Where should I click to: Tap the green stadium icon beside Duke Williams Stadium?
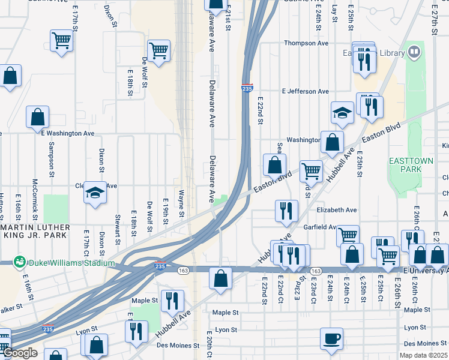pyautogui.click(x=20, y=262)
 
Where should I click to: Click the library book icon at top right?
pyautogui.click(x=414, y=53)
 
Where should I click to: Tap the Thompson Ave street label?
pyautogui.click(x=306, y=43)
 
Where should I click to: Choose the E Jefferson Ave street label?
pyautogui.click(x=306, y=91)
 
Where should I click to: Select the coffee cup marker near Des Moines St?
pyautogui.click(x=331, y=338)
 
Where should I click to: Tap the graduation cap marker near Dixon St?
pyautogui.click(x=94, y=193)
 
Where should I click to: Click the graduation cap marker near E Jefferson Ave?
pyautogui.click(x=342, y=113)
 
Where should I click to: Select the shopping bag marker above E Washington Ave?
pyautogui.click(x=37, y=117)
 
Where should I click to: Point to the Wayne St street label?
pyautogui.click(x=181, y=200)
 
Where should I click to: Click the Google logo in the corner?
pyautogui.click(x=20, y=353)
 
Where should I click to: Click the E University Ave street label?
pyautogui.click(x=426, y=271)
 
